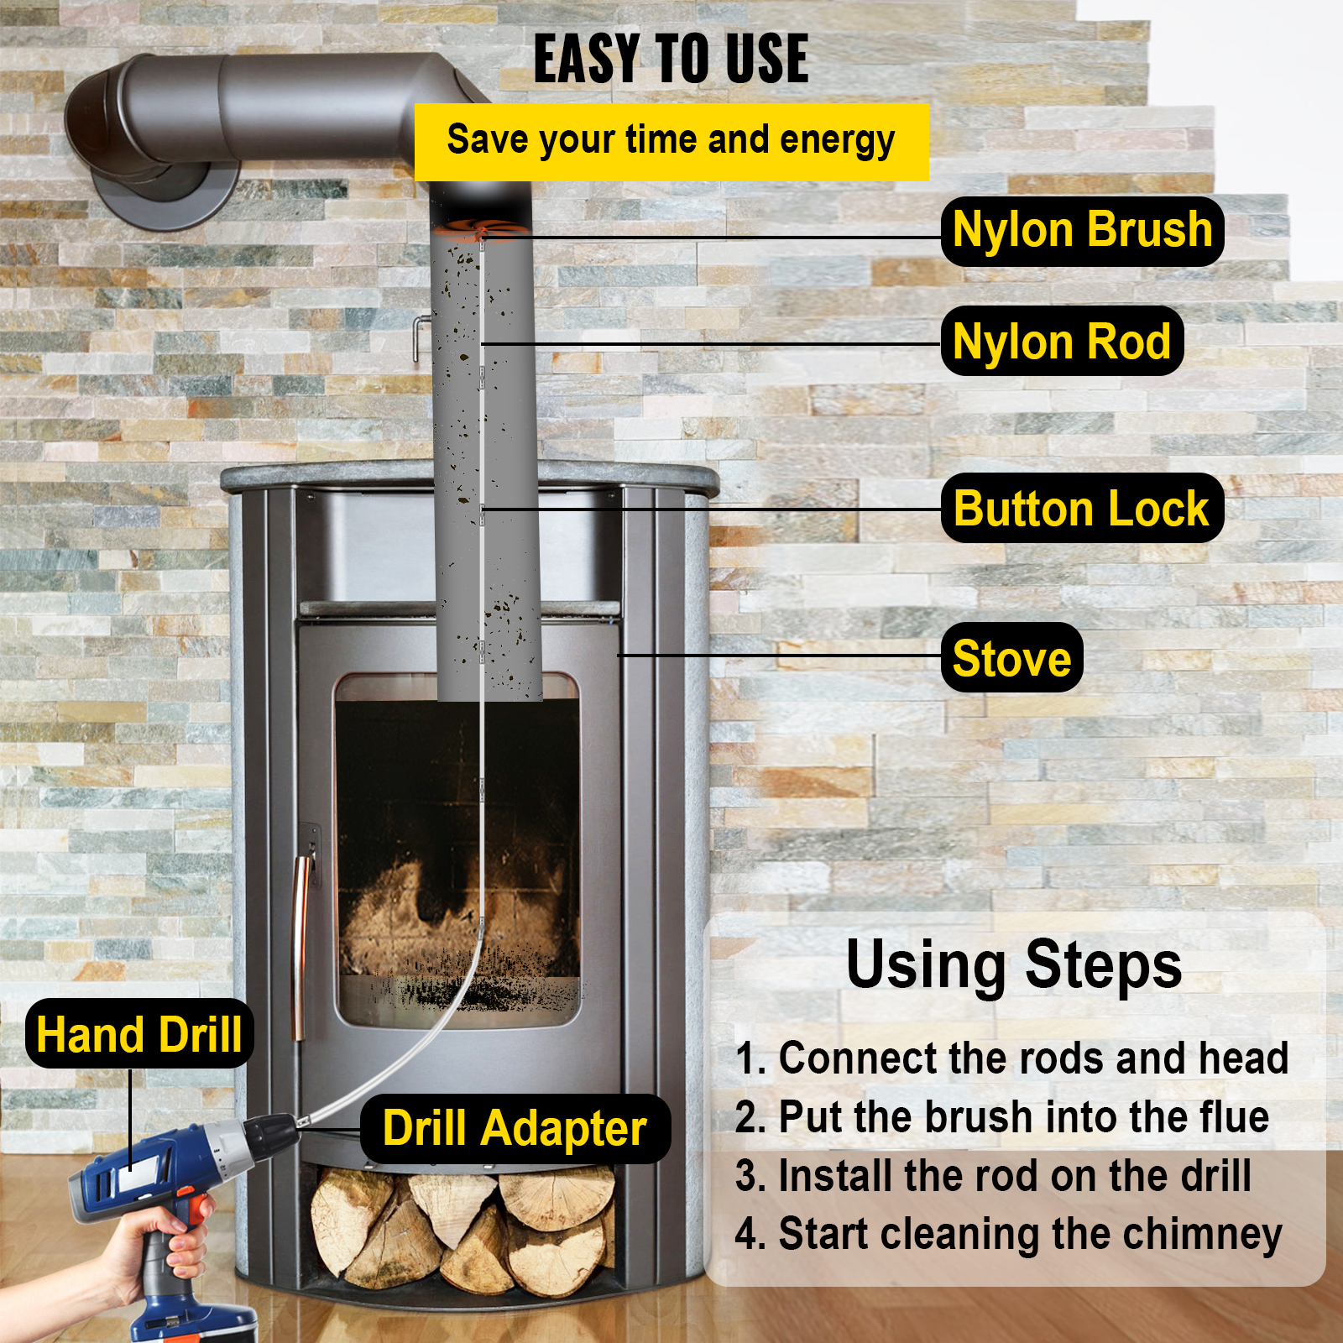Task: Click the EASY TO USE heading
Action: click(x=671, y=59)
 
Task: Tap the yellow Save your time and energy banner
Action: click(x=671, y=141)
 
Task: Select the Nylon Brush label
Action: click(x=1082, y=231)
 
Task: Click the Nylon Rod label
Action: click(x=1062, y=342)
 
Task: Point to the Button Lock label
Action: click(x=1081, y=509)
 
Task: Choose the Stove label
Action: click(x=1011, y=657)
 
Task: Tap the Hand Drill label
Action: click(x=139, y=1033)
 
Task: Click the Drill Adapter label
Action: click(x=515, y=1128)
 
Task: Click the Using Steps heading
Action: click(x=1013, y=965)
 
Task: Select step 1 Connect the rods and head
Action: click(x=1011, y=1058)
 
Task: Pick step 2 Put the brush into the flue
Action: click(x=1001, y=1117)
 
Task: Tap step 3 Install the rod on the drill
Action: click(x=993, y=1176)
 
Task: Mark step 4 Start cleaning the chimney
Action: click(x=1008, y=1235)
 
